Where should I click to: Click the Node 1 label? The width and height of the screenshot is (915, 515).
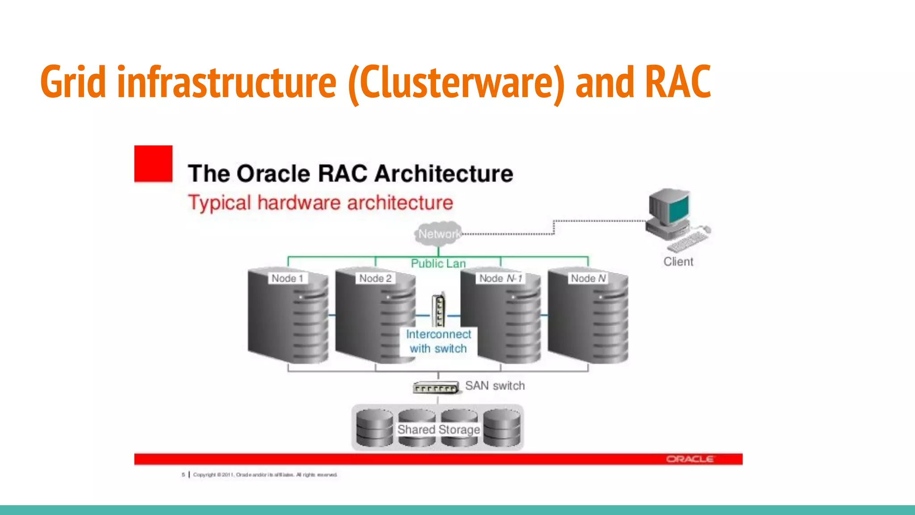[x=287, y=279]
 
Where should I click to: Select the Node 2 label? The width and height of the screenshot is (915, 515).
[x=375, y=279]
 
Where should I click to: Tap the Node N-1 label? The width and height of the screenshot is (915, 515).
[x=500, y=279]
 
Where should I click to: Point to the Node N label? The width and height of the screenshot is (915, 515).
[x=588, y=279]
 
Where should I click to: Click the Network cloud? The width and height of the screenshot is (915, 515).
[x=438, y=234]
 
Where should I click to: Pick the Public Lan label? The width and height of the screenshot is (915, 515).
[x=438, y=264]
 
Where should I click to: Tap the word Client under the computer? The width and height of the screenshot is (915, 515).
[x=678, y=262]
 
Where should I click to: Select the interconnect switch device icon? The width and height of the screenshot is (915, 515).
[x=439, y=310]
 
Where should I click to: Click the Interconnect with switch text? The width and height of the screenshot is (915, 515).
[x=438, y=342]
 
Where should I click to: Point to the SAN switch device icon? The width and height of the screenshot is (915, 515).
[x=436, y=388]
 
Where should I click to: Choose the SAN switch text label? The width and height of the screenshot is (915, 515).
[x=495, y=386]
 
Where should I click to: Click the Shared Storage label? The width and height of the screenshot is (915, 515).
[x=438, y=430]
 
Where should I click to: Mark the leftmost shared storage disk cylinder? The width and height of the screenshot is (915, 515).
[x=374, y=428]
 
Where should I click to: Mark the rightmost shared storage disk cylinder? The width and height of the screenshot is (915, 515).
[x=502, y=428]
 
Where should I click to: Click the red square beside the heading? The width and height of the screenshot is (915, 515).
[x=153, y=164]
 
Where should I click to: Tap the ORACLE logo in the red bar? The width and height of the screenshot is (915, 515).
[x=690, y=459]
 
